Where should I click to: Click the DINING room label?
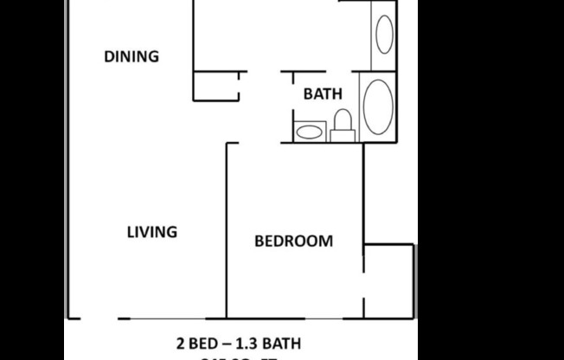[x=131, y=57]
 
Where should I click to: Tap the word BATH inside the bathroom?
[x=322, y=94]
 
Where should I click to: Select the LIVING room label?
[x=152, y=232]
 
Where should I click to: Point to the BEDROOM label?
[x=293, y=241]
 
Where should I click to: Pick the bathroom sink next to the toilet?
[x=309, y=132]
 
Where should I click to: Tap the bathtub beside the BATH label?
[x=376, y=106]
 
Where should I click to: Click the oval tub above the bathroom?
[x=383, y=34]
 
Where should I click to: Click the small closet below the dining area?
[x=215, y=86]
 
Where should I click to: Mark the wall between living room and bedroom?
[x=227, y=229]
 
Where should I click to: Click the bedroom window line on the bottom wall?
[x=294, y=318]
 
